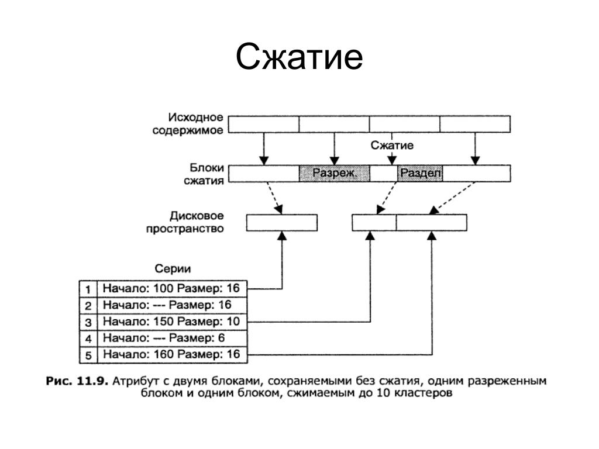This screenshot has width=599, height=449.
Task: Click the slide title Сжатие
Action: pos(299,58)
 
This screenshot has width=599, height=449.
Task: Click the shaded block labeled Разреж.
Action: pos(334,173)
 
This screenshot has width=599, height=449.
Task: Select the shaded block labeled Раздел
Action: pos(421,173)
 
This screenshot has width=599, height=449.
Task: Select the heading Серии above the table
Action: pos(173,268)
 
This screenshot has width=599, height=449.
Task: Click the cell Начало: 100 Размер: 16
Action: pos(171,288)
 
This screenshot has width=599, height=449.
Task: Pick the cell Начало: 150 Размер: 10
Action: pos(171,321)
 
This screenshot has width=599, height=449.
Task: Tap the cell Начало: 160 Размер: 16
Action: pos(171,354)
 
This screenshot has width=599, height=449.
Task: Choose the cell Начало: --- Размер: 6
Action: pos(164,338)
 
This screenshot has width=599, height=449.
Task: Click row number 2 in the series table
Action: pos(88,305)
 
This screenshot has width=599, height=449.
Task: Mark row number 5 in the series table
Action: pos(88,355)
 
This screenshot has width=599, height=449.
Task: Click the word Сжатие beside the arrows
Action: pos(392,145)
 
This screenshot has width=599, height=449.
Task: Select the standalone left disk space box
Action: pos(281,223)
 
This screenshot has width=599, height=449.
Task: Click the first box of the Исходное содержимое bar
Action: pos(263,124)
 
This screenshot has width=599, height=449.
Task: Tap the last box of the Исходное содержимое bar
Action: pos(474,124)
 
